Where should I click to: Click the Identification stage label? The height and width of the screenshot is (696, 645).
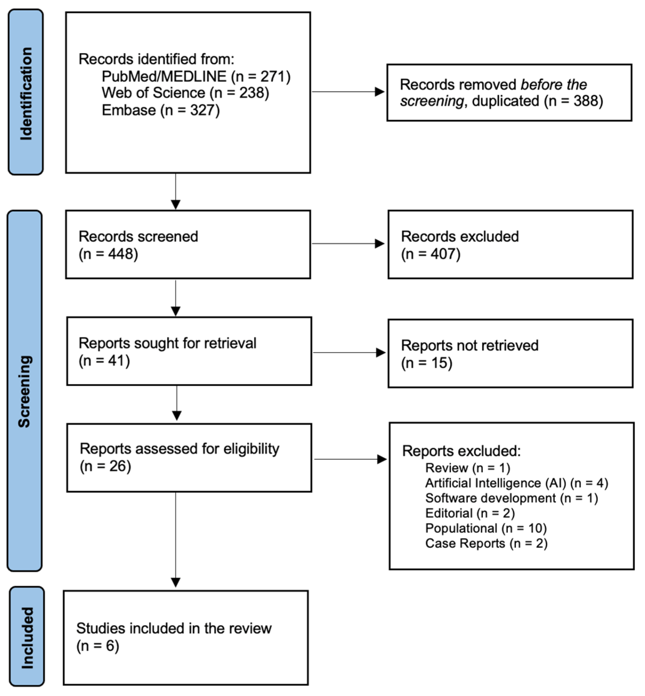click(x=26, y=93)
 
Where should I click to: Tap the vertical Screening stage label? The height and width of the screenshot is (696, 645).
click(x=25, y=391)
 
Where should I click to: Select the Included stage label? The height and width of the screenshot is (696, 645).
click(x=27, y=638)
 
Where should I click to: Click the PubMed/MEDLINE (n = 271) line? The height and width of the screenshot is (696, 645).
click(x=196, y=77)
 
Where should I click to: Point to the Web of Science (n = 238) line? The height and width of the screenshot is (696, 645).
click(x=185, y=93)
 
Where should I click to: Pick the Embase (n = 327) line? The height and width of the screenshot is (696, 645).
click(x=161, y=110)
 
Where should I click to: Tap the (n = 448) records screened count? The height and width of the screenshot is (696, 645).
click(x=108, y=254)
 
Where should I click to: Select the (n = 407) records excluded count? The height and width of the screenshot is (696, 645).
click(x=431, y=254)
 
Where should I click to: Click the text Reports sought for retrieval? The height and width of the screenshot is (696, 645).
click(x=167, y=343)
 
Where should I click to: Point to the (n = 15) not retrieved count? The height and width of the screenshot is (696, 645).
click(x=426, y=363)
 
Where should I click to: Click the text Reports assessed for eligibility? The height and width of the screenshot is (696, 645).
click(x=179, y=449)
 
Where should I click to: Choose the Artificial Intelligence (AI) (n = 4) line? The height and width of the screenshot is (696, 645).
click(x=517, y=483)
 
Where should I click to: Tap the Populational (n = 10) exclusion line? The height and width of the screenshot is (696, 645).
click(x=486, y=528)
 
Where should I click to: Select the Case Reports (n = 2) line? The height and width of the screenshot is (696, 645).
click(x=486, y=543)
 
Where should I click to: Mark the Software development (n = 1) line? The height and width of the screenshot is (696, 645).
click(x=512, y=498)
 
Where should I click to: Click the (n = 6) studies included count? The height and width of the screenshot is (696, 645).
click(x=98, y=646)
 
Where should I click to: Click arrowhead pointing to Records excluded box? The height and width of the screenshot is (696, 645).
click(x=380, y=244)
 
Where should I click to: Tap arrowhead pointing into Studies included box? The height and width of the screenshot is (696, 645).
click(x=176, y=582)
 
